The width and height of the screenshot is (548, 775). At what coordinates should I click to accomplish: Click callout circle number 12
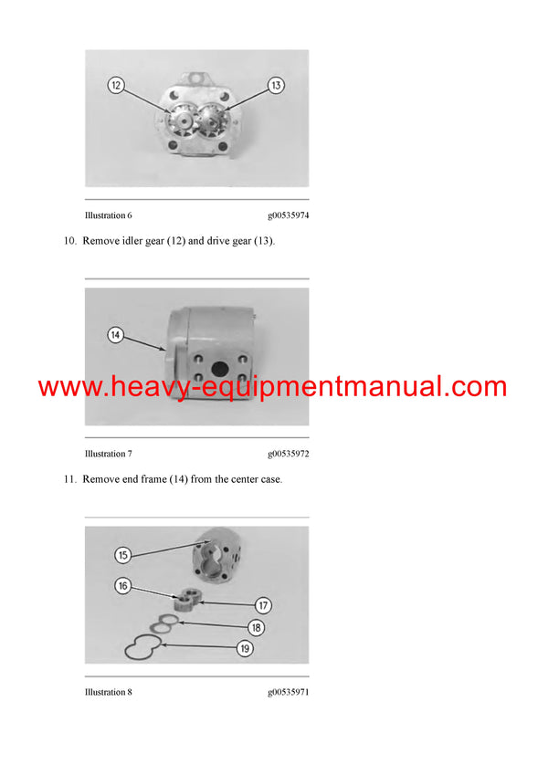pos(116,85)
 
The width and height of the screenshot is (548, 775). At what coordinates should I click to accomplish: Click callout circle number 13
pos(276,85)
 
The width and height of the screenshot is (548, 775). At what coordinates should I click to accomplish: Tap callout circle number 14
pos(115,335)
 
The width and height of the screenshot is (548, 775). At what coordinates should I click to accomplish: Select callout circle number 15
pos(122,554)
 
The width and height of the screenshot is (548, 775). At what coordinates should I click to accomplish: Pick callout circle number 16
pos(122,585)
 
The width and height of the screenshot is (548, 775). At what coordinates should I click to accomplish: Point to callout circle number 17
pos(263,604)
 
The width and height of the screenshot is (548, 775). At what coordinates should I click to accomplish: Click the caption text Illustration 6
pos(108,215)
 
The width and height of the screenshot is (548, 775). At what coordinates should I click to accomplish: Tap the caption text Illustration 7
pos(108,454)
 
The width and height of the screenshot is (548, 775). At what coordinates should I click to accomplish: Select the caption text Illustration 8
pos(108,692)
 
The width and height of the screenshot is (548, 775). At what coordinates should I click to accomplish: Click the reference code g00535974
pos(288,215)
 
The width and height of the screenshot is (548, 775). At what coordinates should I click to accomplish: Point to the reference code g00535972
pos(288,454)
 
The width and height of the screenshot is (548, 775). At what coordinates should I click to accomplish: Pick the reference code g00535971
pos(288,692)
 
